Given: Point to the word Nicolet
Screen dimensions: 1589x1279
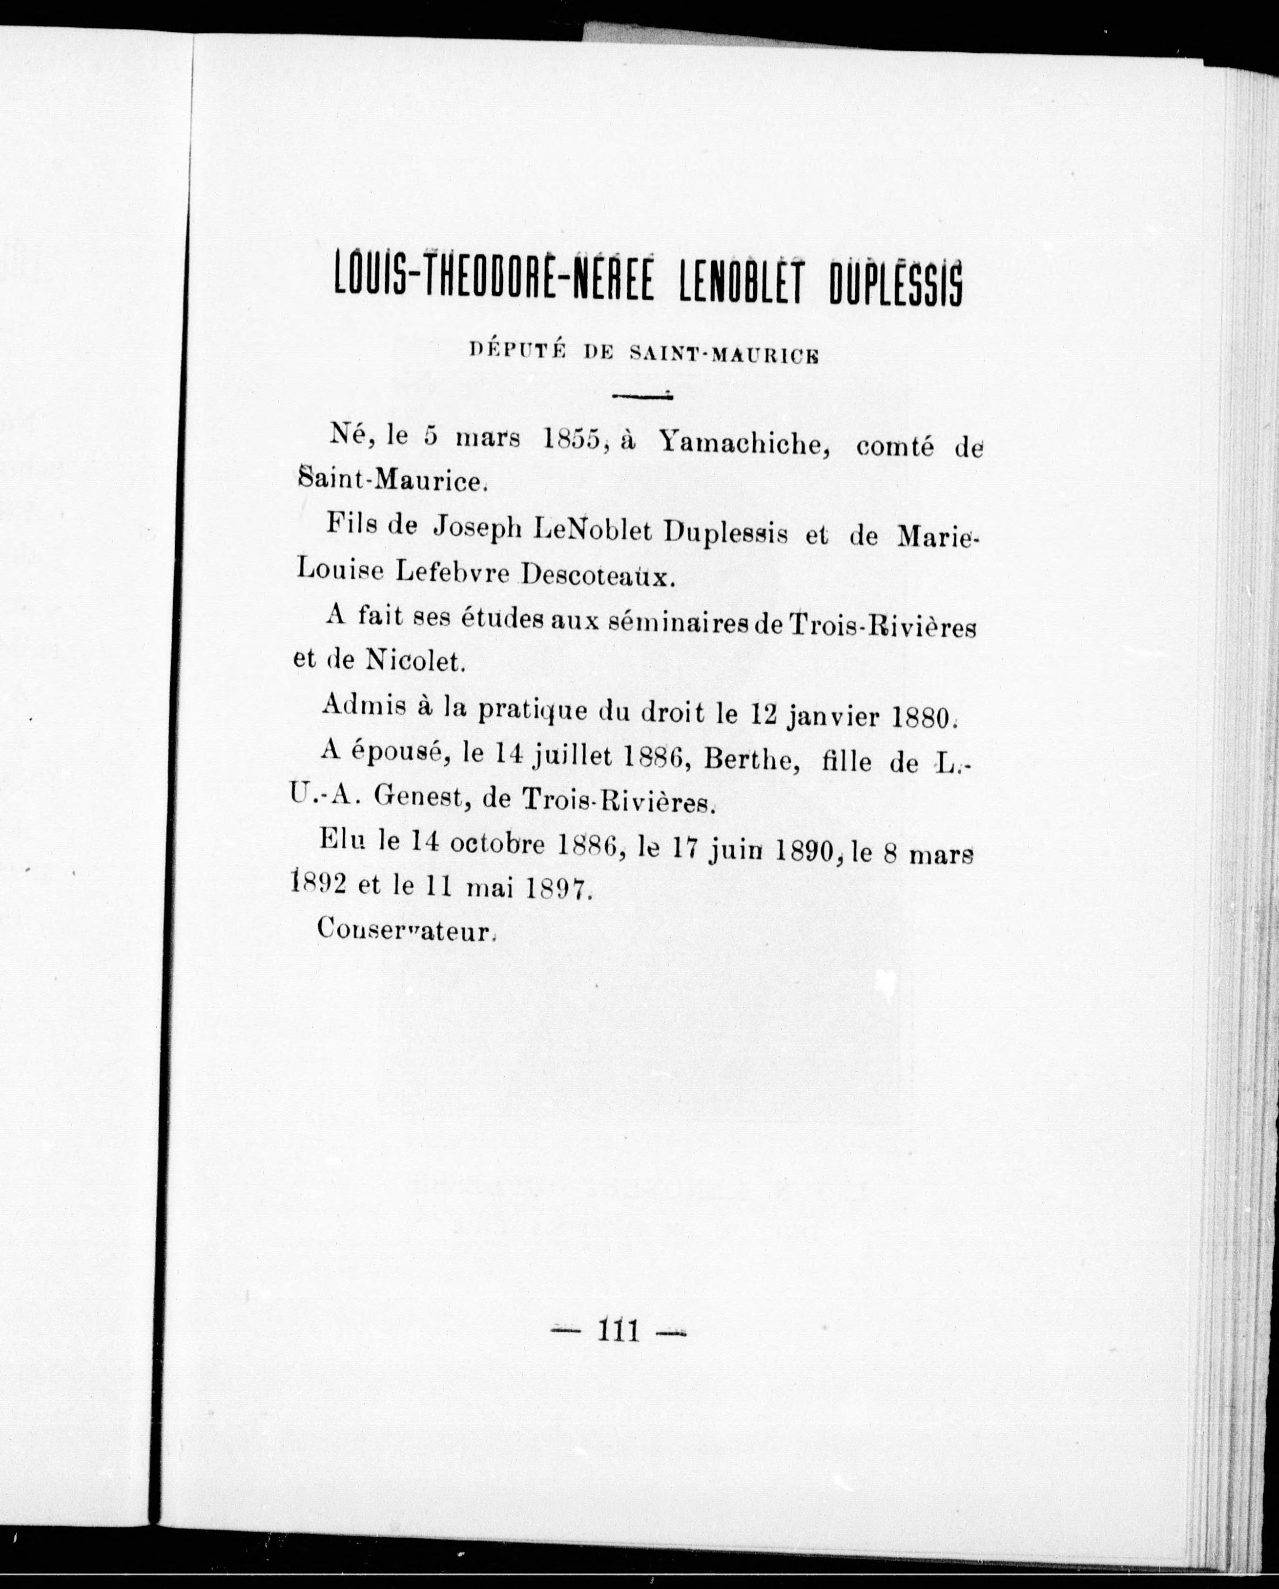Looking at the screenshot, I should (x=413, y=661).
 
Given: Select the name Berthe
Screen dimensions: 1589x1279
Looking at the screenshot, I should (x=752, y=761).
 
